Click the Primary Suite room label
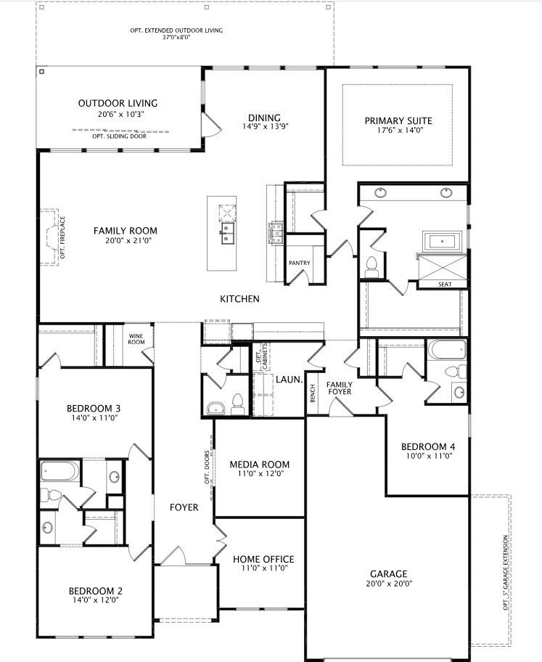pos(398,120)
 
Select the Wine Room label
pos(136,338)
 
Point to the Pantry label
pos(299,263)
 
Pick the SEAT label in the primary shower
pos(445,285)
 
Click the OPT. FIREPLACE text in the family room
pos(63,237)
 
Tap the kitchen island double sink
pos(227,234)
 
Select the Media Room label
pos(259,465)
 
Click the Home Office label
pos(263,559)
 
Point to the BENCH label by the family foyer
pos(313,393)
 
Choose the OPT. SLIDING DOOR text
pos(119,136)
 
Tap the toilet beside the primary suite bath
pos(372,266)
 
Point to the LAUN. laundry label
pos(288,379)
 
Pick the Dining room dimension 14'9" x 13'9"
pos(264,127)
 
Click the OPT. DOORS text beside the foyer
pos(207,468)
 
